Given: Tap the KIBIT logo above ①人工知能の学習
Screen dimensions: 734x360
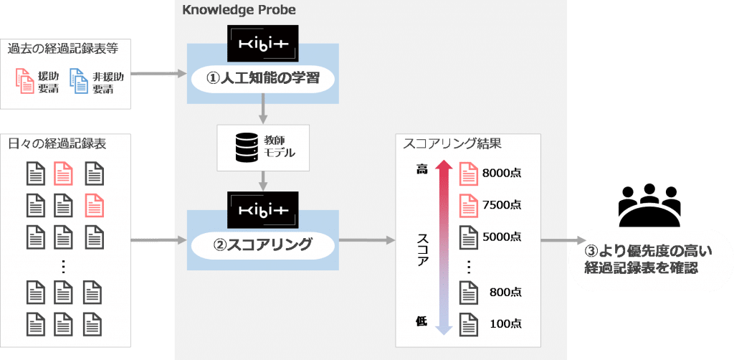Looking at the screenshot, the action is (x=262, y=43).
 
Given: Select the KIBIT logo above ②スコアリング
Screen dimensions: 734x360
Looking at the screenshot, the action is (x=262, y=209).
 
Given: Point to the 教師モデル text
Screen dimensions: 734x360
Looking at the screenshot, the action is (x=278, y=147).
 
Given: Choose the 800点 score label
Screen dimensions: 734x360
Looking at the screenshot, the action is (x=505, y=292).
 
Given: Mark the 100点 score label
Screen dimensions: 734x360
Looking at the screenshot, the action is (x=505, y=323).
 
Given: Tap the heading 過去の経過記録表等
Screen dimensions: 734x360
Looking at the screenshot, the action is (x=63, y=49).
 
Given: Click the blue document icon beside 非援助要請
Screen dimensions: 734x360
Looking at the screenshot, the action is (x=78, y=82).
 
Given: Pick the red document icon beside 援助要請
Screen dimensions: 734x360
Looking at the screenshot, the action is (x=24, y=82).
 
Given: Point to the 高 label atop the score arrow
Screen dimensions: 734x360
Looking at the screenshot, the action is (x=421, y=169).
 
